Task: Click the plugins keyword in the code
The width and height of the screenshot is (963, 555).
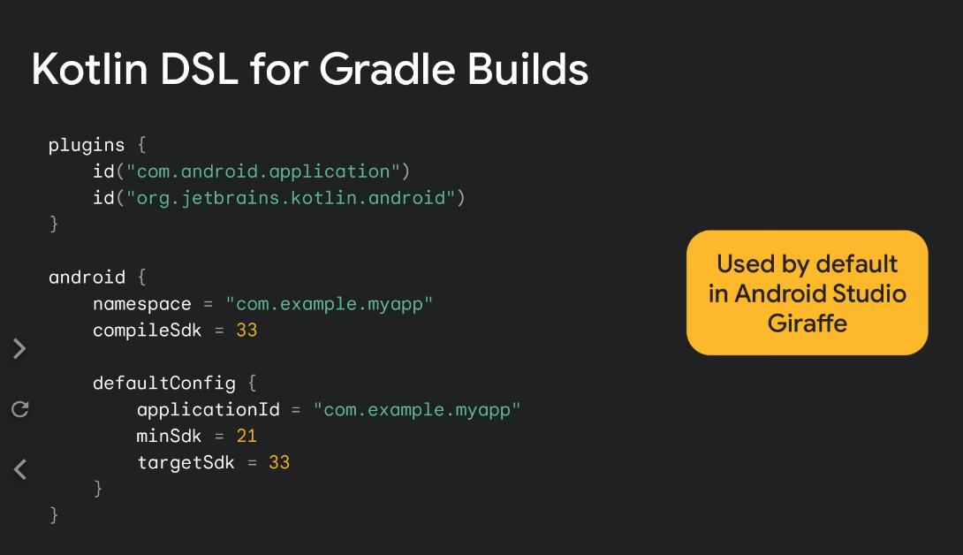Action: (x=87, y=146)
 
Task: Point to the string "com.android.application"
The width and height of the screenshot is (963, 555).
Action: (x=263, y=171)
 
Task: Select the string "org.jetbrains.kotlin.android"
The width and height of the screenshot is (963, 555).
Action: (x=291, y=198)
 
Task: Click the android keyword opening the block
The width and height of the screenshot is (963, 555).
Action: (x=87, y=277)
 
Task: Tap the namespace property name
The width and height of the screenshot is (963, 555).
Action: (x=142, y=304)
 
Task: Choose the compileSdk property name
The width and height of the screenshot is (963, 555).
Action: (x=147, y=331)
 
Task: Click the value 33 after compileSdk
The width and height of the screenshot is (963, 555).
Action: (x=246, y=331)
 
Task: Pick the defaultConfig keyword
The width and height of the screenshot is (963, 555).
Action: (x=164, y=384)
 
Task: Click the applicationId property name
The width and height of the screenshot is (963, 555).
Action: (x=209, y=410)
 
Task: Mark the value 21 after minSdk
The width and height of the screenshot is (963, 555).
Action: (x=246, y=437)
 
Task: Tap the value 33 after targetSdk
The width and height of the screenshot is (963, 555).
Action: (x=279, y=463)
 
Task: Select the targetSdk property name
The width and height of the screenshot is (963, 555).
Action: (x=186, y=463)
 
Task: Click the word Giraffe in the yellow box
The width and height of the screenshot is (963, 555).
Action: (x=807, y=323)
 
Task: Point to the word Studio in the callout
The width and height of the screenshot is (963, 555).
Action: (x=869, y=293)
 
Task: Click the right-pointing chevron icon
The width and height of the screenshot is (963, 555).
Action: (x=19, y=348)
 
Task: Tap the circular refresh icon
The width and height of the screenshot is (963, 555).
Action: (x=20, y=408)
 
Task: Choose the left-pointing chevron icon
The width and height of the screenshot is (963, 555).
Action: (x=19, y=469)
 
